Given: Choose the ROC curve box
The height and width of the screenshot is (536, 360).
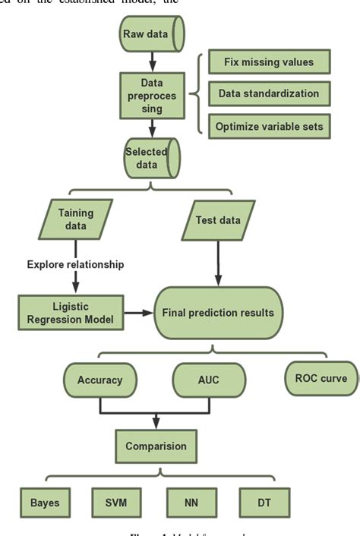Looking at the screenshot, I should pyautogui.click(x=321, y=377).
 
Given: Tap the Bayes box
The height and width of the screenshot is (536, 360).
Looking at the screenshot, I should pyautogui.click(x=44, y=502).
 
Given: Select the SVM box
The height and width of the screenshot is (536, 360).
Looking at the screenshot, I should pyautogui.click(x=116, y=502).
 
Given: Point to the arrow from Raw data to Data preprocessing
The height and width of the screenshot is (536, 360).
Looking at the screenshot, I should pyautogui.click(x=152, y=59).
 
